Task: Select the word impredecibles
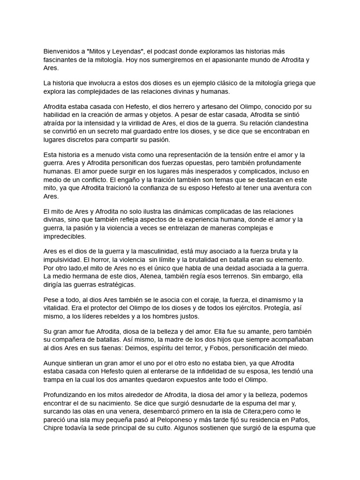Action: tap(65, 237)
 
